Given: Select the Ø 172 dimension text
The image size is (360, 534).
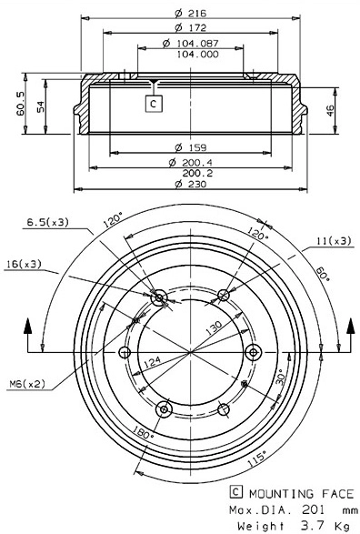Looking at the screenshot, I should click(x=189, y=28).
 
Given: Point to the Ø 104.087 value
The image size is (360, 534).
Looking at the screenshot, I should click(x=188, y=43).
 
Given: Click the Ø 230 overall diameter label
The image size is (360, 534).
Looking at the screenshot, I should click(x=188, y=184).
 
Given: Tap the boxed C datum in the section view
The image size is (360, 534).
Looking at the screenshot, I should click(x=153, y=103).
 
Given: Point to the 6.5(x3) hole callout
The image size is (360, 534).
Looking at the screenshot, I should click(x=46, y=222).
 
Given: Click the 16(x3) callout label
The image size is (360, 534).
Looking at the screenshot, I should click(x=24, y=264).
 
